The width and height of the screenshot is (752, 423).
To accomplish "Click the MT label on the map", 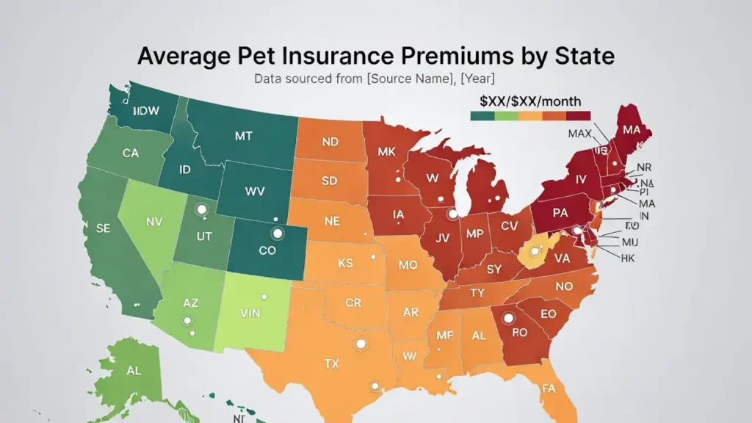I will pos(244,136).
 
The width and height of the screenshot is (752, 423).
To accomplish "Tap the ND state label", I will pos(330,142).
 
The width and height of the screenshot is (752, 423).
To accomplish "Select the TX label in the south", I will pos(332,363).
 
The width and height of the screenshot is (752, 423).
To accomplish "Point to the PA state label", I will pos(560,214).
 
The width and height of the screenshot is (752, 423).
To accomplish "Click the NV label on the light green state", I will pos(154,221).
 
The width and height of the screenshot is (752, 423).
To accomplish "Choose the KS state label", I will pos(345,263).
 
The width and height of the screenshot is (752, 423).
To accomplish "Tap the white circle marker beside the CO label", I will pos(277,234).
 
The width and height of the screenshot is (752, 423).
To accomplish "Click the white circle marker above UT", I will pos(200,210).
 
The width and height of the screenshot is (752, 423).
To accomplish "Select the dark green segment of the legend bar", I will pos(482,115).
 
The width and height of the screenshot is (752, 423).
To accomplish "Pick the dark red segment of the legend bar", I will pos(578,115).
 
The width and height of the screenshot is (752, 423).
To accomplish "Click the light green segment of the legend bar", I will pos(506,115).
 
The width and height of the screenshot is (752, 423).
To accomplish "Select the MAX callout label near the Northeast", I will pos(580,133).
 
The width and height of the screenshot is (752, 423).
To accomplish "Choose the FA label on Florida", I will pos(548,388).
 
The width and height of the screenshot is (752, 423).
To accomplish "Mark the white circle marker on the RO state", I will pos(507,318).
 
